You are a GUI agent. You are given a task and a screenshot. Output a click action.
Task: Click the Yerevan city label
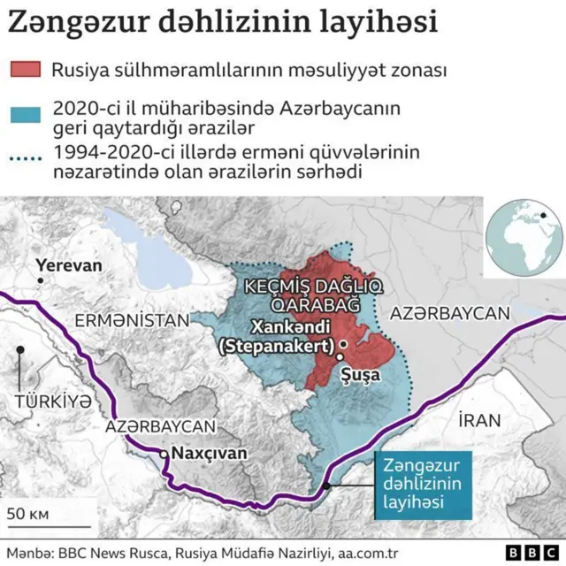point(68,265)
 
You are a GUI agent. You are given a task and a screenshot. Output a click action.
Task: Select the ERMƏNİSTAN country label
point(132,319)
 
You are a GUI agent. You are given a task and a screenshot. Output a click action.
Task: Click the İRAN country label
point(479,420)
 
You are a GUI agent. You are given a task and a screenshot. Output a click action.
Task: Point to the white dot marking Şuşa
point(339,356)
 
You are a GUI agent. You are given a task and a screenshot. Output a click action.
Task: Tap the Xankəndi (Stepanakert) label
point(279,336)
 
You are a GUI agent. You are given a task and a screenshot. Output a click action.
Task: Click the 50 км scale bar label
point(29,513)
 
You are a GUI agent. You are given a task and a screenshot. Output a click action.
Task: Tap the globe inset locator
point(524,236)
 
